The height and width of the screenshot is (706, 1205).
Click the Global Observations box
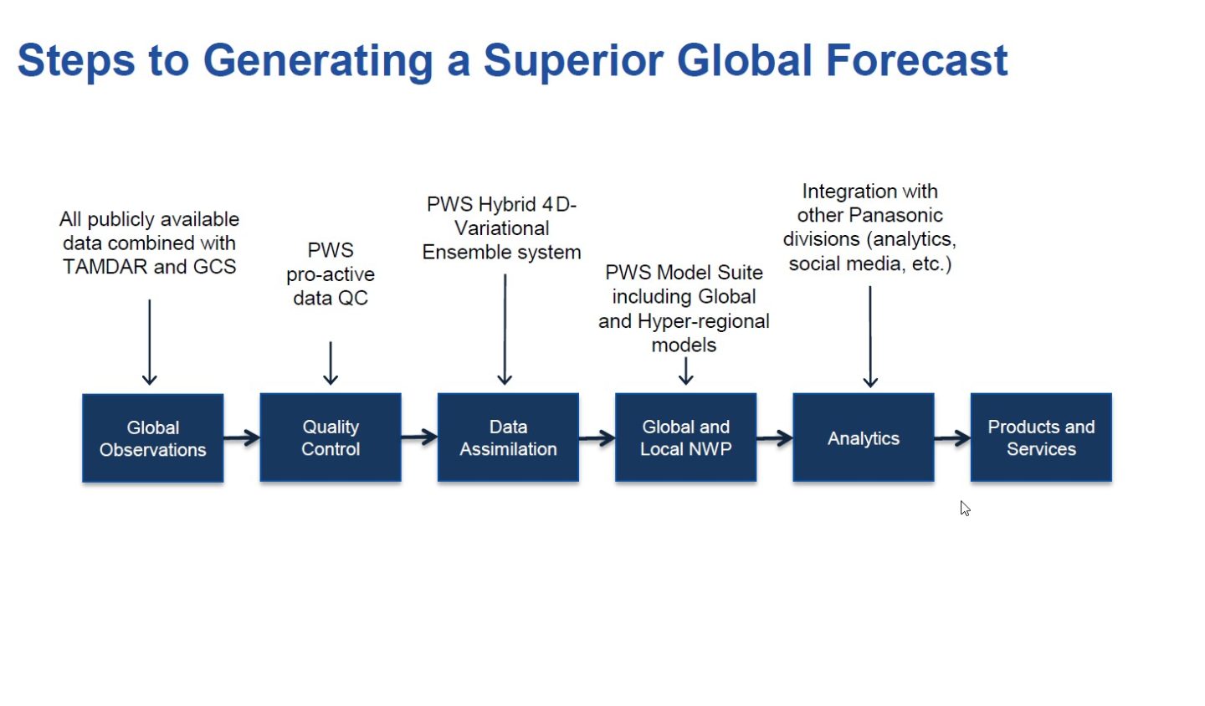pyautogui.click(x=152, y=438)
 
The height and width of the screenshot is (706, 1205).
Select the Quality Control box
pyautogui.click(x=331, y=437)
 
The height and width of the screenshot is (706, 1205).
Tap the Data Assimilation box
pyautogui.click(x=508, y=437)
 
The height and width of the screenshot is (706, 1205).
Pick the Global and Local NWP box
pyautogui.click(x=685, y=437)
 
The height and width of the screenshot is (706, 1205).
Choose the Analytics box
pyautogui.click(x=863, y=437)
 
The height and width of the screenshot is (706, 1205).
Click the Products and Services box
pyautogui.click(x=1041, y=437)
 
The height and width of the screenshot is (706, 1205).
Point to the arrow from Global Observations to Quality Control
pyautogui.click(x=242, y=437)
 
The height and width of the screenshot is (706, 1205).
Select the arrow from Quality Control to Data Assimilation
pyautogui.click(x=419, y=437)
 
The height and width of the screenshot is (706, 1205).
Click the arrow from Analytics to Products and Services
pyautogui.click(x=952, y=437)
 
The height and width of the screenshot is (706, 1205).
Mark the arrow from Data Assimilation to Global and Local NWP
pyautogui.click(x=597, y=437)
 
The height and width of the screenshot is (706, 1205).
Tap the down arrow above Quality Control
pyautogui.click(x=331, y=363)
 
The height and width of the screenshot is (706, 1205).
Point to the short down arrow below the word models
pyautogui.click(x=685, y=371)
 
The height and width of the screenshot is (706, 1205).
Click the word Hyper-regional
pyautogui.click(x=703, y=321)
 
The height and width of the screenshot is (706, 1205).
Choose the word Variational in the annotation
pyautogui.click(x=502, y=228)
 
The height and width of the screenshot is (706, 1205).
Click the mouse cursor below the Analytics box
pyautogui.click(x=965, y=509)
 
